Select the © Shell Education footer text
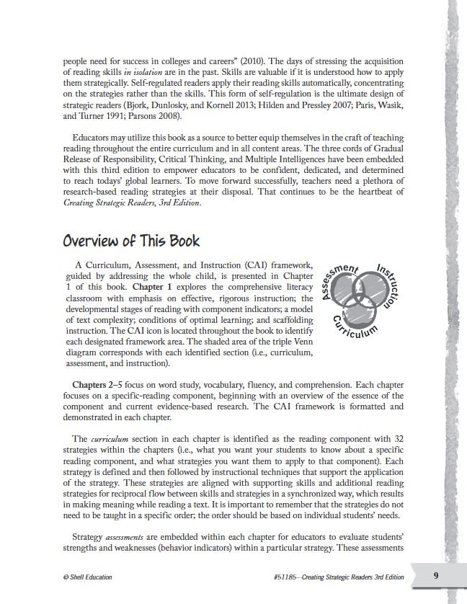88,577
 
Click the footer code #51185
284,577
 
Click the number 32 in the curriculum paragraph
396,439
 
